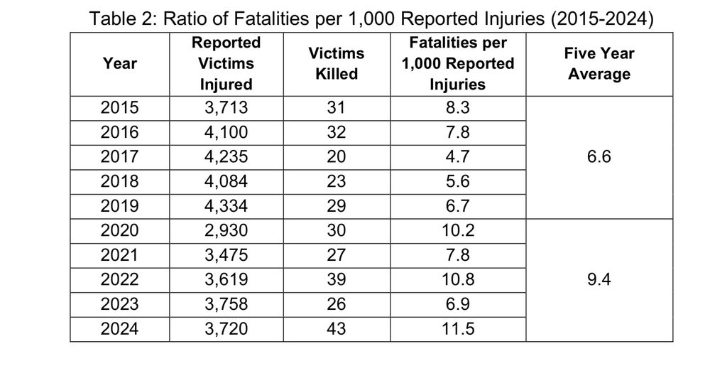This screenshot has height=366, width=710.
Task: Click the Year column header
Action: coord(119,63)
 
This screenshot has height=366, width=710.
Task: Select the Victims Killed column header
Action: coord(336,63)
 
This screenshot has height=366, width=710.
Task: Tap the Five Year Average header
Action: coord(599,63)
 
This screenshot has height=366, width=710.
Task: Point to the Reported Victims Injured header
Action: coord(226,63)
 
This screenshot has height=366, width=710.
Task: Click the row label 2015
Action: coord(120,109)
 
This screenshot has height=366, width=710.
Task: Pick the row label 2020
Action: coord(120,230)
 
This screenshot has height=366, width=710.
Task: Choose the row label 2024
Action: coord(120,329)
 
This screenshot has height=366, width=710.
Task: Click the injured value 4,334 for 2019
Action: coord(226,206)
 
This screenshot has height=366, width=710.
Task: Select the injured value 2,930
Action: coord(226,230)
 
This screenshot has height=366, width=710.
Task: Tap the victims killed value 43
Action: coord(336,329)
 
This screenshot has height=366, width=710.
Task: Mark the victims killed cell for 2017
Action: coord(336,157)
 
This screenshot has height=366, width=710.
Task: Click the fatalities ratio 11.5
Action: coord(457,329)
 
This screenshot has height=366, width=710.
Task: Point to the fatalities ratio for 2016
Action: coord(457,133)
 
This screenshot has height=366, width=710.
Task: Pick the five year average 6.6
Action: coord(599,157)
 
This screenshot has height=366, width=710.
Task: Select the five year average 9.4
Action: coord(599,279)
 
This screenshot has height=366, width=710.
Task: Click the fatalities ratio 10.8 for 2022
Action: coord(457,279)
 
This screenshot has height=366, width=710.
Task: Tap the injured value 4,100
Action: coord(226,133)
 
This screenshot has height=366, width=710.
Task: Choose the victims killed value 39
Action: coord(336,279)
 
